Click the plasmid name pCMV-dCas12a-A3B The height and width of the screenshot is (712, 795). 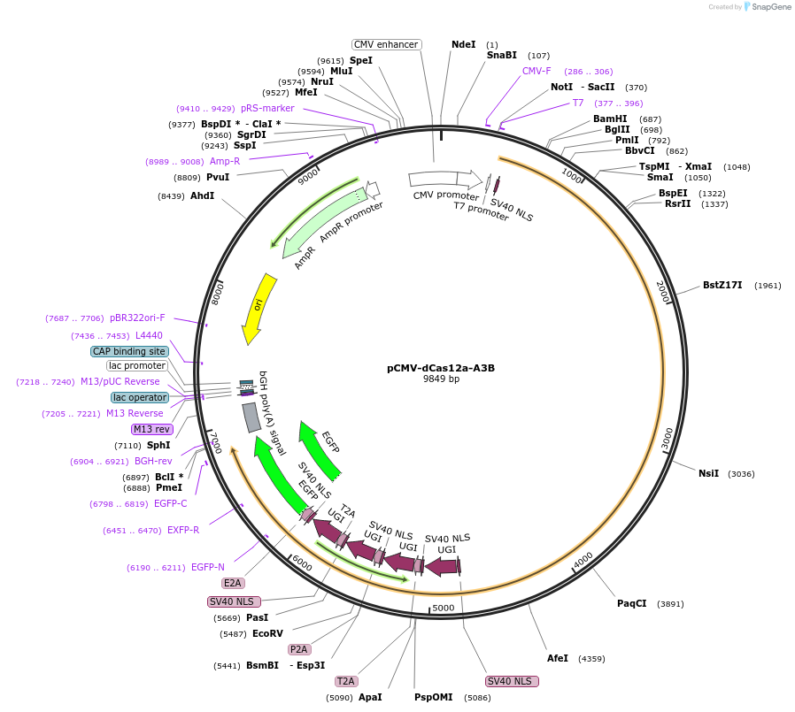click(440, 368)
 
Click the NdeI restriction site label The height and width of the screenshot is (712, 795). click(463, 44)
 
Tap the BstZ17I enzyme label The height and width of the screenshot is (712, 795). click(722, 285)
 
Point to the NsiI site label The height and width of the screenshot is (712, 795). click(708, 473)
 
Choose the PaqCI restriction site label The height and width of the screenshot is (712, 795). click(631, 603)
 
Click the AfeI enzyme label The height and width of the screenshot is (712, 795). click(558, 658)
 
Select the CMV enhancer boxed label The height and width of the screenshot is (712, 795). click(386, 44)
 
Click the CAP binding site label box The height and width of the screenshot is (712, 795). click(129, 351)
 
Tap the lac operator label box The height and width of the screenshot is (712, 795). click(140, 397)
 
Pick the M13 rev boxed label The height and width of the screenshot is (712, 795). click(152, 429)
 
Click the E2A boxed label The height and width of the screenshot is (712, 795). click(233, 583)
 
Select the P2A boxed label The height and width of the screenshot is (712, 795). click(298, 649)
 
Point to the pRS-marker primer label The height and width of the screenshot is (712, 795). click(267, 108)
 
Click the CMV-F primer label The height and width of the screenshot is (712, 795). click(536, 71)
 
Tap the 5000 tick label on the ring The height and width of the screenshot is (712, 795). click(443, 608)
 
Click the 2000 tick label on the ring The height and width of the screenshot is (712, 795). click(662, 292)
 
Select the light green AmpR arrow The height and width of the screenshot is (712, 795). click(320, 218)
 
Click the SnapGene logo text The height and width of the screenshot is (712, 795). click(770, 7)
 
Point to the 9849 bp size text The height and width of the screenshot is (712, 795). click(441, 379)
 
